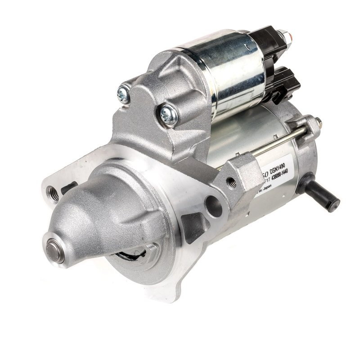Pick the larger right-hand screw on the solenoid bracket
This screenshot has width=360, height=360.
[169, 115]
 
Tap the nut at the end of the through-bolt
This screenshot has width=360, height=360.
[317, 121]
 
